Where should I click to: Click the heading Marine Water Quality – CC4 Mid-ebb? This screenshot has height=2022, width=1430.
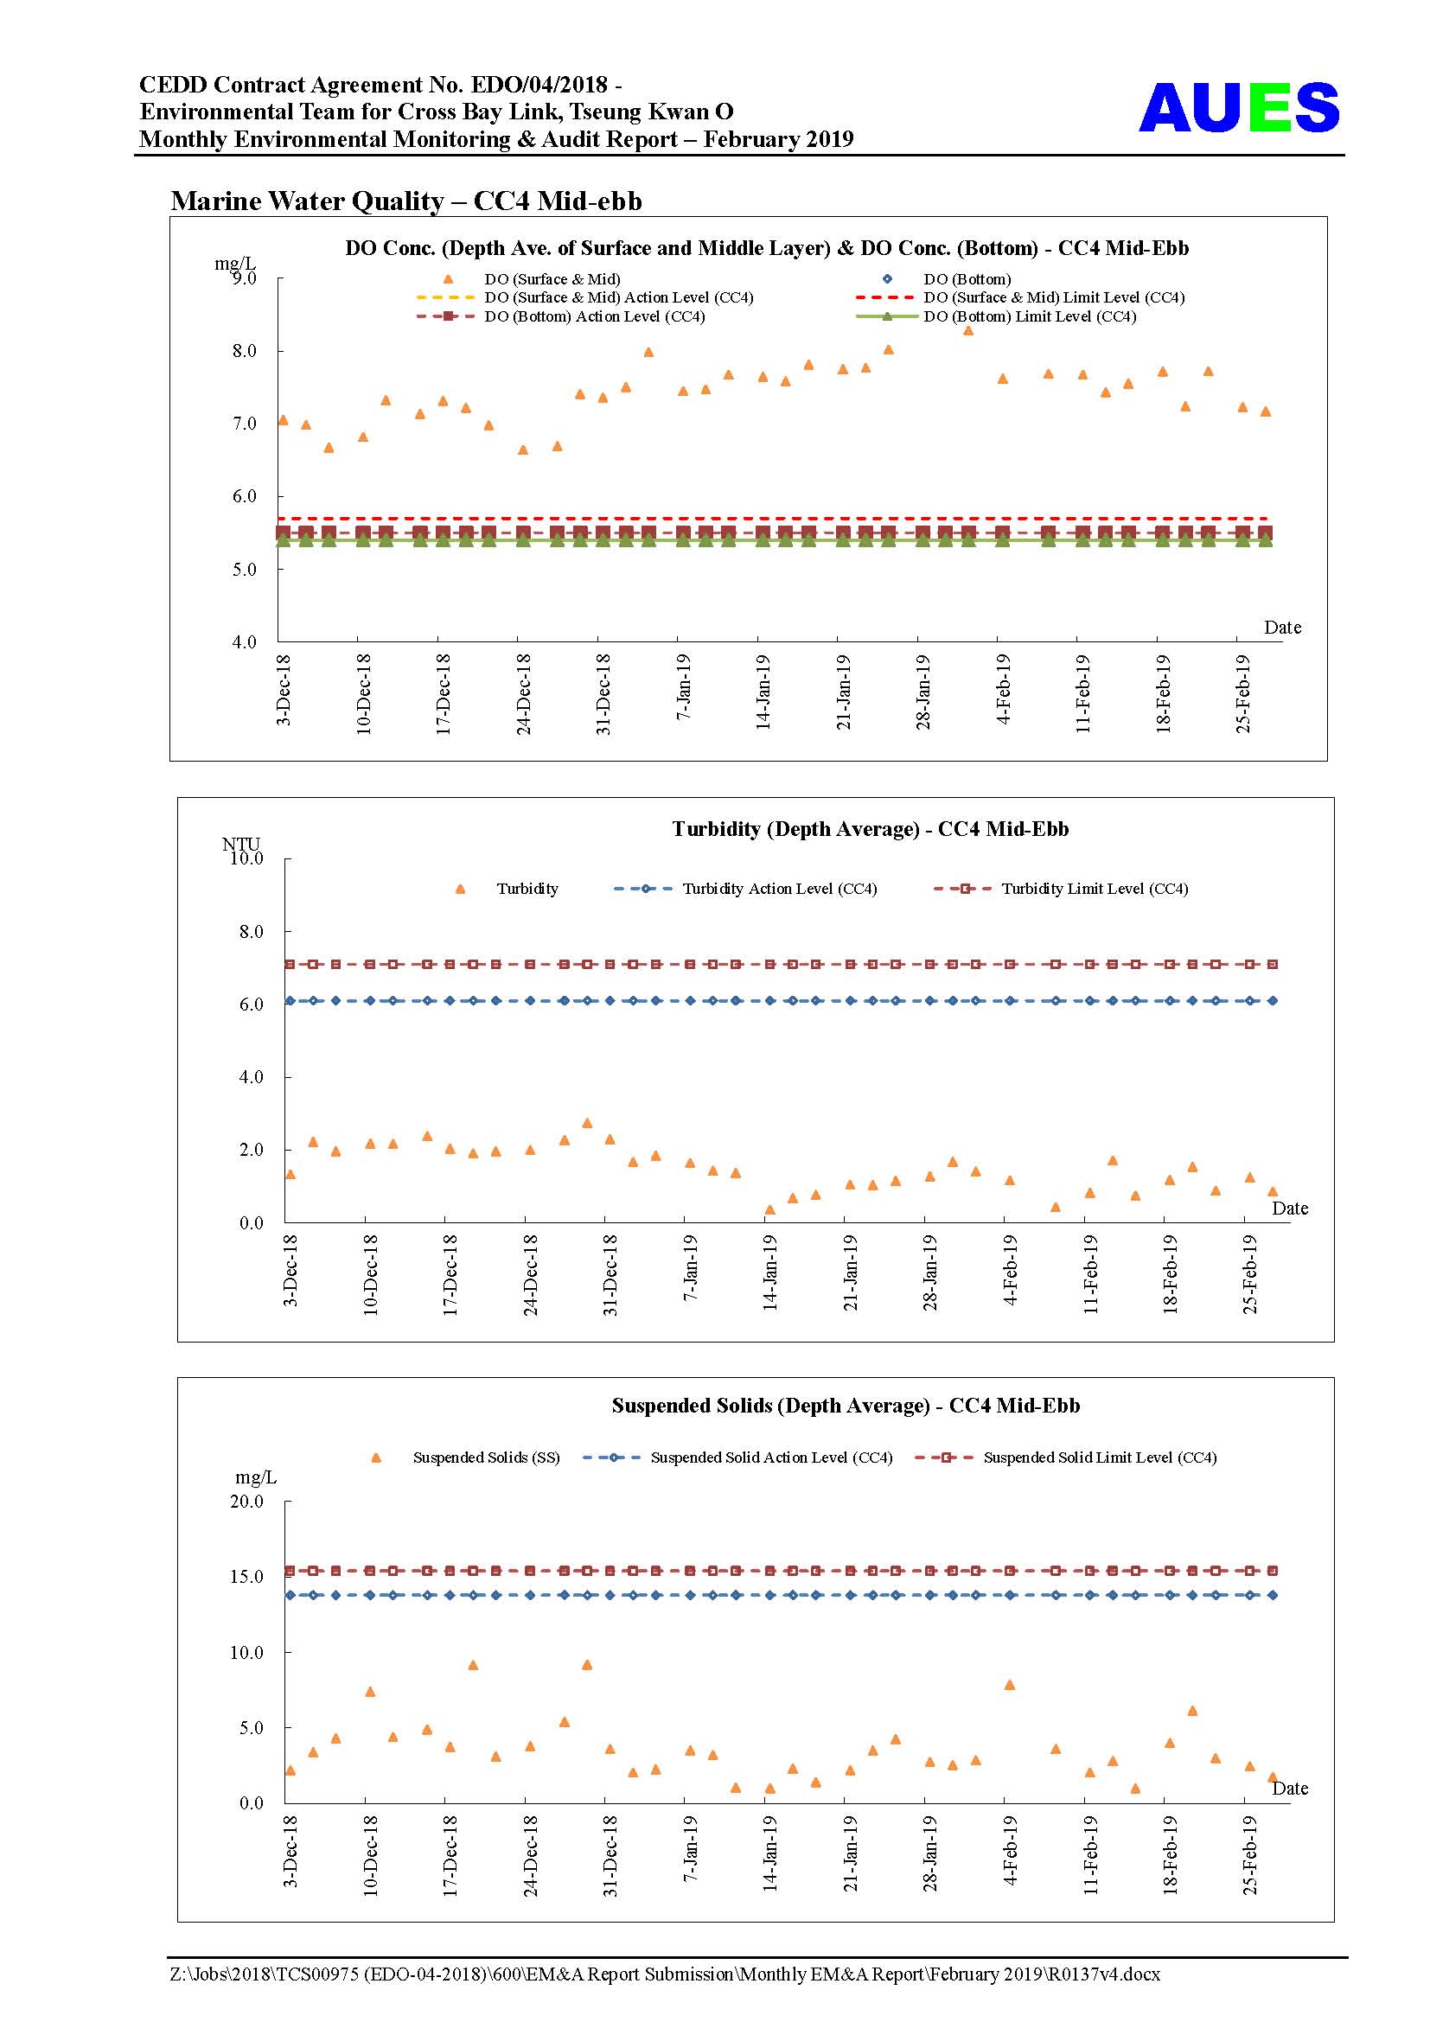pos(406,201)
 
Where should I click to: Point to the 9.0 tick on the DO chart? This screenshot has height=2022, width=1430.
pos(244,278)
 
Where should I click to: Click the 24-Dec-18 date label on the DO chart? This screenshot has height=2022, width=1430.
pos(523,694)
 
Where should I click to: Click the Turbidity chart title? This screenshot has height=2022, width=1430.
pos(870,829)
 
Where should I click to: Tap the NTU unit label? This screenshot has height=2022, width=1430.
pos(240,844)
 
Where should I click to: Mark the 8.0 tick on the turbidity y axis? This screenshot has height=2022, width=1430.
pos(251,931)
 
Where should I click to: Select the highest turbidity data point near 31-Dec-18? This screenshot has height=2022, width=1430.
pos(587,1123)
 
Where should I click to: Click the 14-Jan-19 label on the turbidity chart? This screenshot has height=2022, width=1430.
pos(769,1273)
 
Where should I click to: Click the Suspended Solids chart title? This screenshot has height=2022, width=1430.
pos(846,1406)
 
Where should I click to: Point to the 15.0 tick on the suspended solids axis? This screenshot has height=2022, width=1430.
pos(246,1577)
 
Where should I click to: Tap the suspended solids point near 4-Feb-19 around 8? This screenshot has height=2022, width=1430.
pos(1010,1685)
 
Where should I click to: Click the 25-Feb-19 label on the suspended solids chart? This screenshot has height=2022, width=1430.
pos(1249,1853)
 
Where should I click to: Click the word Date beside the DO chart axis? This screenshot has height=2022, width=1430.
pos(1282,627)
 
